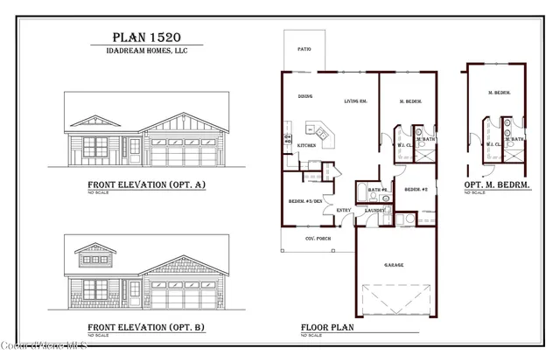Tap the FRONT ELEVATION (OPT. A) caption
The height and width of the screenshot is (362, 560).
[146, 184]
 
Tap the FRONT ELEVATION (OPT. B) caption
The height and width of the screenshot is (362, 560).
[146, 326]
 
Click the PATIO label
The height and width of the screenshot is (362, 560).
[304, 50]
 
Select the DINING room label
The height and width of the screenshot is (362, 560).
[305, 97]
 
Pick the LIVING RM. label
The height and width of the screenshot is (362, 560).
[356, 101]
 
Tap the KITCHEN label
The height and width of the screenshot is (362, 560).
[306, 145]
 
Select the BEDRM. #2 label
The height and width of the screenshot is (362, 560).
[415, 189]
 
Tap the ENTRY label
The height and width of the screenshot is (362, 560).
[344, 210]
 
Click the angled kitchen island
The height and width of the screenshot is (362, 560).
[323, 133]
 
